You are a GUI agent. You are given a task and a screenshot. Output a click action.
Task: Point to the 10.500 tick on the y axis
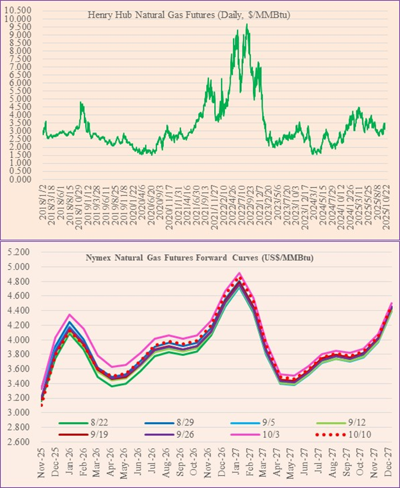click(x=20, y=11)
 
